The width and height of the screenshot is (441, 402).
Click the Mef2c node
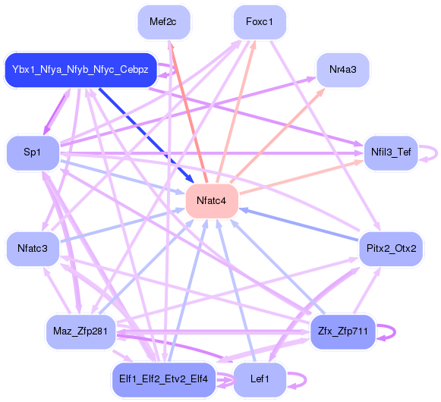point(163,22)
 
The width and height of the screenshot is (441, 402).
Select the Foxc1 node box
point(259,22)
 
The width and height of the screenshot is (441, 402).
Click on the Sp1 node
point(32,152)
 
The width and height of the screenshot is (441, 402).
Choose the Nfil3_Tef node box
point(391,152)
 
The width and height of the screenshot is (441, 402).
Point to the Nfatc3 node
point(32,248)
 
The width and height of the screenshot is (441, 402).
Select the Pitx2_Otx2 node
point(391,248)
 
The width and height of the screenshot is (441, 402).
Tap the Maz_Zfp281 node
point(80,331)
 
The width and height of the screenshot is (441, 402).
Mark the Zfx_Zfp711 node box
point(342,331)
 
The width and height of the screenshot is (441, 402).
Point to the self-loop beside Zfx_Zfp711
point(390,331)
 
